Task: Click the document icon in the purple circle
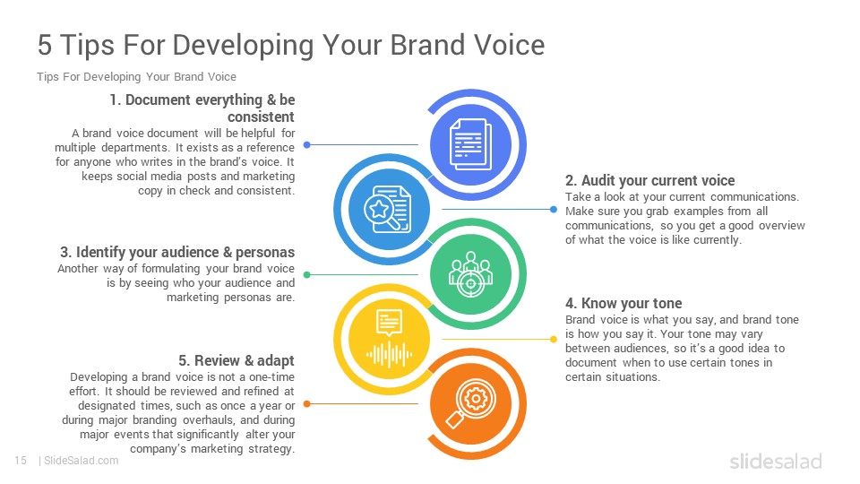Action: (470, 145)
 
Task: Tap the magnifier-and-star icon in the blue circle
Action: (387, 209)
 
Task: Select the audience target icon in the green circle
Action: (470, 274)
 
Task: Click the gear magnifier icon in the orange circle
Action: (470, 404)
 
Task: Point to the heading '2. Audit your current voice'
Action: (650, 180)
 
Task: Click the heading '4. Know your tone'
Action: (623, 304)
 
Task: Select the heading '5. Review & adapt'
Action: (236, 360)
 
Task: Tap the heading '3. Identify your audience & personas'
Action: (177, 253)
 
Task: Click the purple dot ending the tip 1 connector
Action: (307, 145)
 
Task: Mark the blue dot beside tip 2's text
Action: (554, 209)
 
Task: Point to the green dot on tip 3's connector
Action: (307, 274)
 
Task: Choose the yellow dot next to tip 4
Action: (554, 339)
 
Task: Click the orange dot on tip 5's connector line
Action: (307, 404)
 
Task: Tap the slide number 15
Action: (21, 461)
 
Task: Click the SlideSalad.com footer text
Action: (81, 461)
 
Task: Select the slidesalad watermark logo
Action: (776, 461)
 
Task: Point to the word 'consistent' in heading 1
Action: (261, 117)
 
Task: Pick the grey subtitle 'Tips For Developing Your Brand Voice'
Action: (136, 77)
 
